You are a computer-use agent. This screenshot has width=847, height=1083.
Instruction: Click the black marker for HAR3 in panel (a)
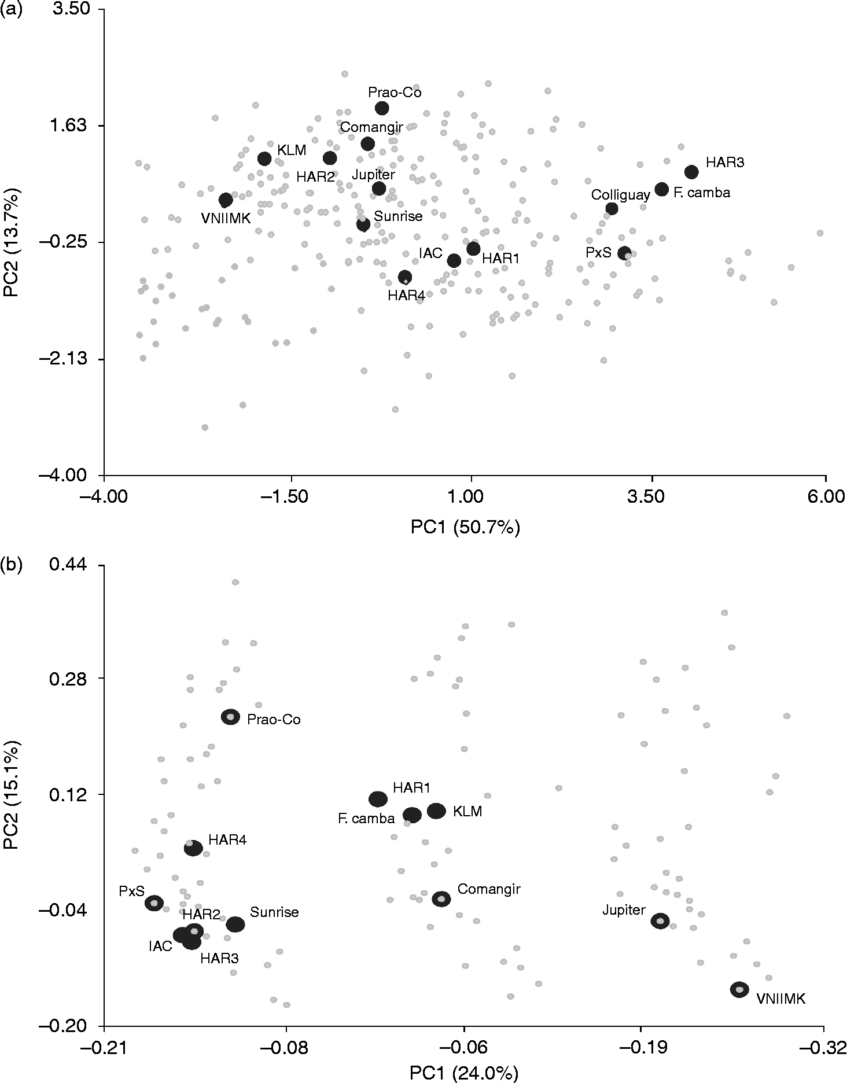(691, 172)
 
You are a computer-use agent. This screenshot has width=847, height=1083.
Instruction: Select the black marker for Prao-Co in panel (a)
(382, 108)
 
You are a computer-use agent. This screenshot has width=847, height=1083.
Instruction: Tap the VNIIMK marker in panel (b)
(739, 989)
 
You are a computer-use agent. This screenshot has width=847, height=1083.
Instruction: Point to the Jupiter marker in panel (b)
(661, 921)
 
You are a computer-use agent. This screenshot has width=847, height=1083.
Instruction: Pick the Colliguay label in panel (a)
(620, 196)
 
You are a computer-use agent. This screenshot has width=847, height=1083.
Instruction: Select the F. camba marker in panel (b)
(412, 815)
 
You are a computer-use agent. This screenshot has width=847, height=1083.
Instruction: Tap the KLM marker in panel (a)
(264, 159)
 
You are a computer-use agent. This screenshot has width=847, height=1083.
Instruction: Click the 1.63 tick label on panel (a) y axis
(69, 126)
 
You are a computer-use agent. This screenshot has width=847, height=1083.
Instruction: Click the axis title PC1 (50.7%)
(465, 527)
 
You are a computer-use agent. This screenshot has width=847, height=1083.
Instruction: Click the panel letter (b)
(11, 565)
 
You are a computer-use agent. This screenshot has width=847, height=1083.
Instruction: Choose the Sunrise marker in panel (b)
(235, 924)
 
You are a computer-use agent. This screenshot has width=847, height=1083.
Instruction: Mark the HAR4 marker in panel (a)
(405, 277)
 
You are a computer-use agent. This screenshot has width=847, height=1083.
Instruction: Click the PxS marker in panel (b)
(154, 903)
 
